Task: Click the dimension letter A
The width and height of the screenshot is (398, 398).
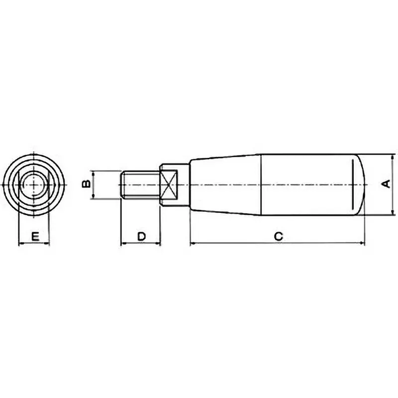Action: coord(385,185)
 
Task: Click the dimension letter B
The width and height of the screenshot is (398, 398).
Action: coord(86,185)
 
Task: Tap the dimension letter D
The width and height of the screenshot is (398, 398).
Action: coord(141,236)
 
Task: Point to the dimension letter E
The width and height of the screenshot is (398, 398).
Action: coord(34,236)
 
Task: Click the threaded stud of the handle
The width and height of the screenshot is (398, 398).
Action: coord(140,185)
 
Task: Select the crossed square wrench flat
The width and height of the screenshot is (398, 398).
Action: coord(169,185)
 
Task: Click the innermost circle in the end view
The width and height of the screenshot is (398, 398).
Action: coord(33,185)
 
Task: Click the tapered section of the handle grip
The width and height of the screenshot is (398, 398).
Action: coord(224,185)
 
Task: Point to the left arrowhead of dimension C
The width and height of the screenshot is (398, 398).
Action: coord(194,244)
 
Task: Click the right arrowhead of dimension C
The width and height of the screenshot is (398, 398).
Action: coord(362,244)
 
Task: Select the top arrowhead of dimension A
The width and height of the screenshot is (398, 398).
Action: coord(394,157)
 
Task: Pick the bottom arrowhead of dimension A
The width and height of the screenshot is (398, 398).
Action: coord(394,212)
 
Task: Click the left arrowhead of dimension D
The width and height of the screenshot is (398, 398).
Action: coord(123,244)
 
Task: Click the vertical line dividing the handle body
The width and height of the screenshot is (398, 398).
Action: coord(262,185)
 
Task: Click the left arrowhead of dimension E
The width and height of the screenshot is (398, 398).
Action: coord(21,244)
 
